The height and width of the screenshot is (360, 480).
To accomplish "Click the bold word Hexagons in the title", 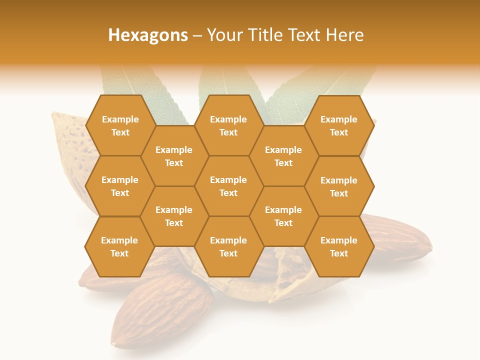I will pyautogui.click(x=148, y=35).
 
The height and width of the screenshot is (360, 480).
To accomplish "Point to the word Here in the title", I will pyautogui.click(x=345, y=35).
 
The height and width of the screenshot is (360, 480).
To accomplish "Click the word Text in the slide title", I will pyautogui.click(x=305, y=35).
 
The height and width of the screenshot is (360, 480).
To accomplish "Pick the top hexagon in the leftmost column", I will pyautogui.click(x=120, y=125).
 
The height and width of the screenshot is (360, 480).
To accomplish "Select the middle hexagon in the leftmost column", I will pyautogui.click(x=120, y=186).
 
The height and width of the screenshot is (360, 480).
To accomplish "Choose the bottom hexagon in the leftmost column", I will pyautogui.click(x=119, y=246).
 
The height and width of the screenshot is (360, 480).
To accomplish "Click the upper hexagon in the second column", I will pyautogui.click(x=174, y=156).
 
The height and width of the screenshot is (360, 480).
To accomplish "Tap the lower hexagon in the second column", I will pyautogui.click(x=174, y=216).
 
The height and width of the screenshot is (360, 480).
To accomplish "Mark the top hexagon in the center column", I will pyautogui.click(x=228, y=125).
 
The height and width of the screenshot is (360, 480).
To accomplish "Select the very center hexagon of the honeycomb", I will pyautogui.click(x=228, y=186).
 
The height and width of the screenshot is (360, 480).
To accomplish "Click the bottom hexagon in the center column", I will pyautogui.click(x=228, y=246).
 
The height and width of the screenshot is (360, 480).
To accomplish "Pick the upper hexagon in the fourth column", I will pyautogui.click(x=283, y=156).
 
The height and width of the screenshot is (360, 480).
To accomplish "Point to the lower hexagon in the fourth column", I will pyautogui.click(x=283, y=216).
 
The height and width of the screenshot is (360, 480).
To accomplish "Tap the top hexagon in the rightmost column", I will pyautogui.click(x=339, y=125).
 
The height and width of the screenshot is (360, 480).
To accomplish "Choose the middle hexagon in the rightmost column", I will pyautogui.click(x=339, y=186).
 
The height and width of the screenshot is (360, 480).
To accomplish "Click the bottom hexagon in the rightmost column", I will pyautogui.click(x=339, y=246).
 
